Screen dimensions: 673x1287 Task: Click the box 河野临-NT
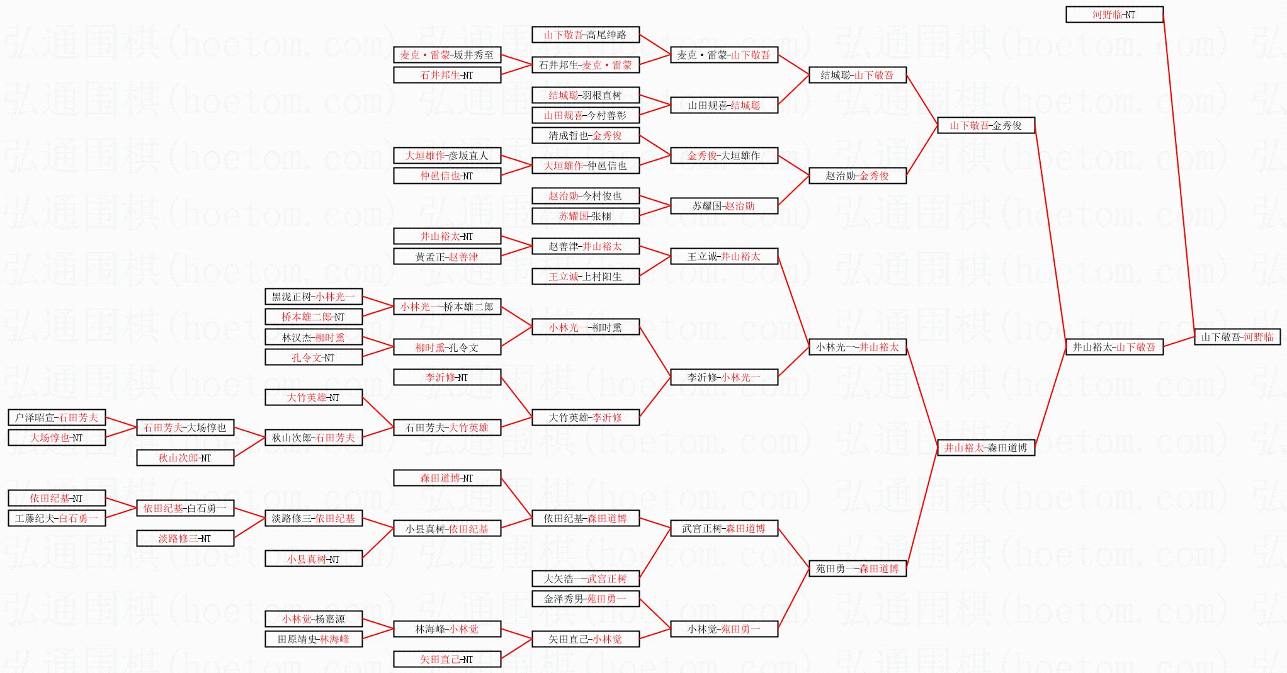1114,14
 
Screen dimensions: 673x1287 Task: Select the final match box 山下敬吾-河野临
1237,337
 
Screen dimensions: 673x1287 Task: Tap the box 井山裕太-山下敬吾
1114,347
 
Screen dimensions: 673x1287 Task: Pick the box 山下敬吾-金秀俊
985,125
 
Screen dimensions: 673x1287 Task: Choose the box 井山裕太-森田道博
985,448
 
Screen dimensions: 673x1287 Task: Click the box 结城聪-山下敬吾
857,75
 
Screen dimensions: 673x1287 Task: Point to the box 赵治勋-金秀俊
857,176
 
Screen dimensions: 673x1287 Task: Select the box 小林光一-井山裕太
857,347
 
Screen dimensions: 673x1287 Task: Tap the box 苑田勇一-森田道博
857,568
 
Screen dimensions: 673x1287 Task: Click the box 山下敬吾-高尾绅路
585,35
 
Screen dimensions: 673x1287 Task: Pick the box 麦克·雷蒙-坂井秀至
446,55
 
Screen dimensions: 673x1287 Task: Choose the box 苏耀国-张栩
585,216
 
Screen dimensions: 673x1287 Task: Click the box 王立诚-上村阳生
585,276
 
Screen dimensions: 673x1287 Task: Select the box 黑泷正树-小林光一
313,297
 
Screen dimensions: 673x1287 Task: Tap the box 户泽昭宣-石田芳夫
57,417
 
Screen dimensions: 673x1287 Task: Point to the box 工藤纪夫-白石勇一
57,518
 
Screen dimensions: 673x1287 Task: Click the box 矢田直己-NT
446,659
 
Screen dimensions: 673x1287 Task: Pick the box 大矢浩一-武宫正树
585,579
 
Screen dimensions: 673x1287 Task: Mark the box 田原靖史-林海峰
313,639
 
